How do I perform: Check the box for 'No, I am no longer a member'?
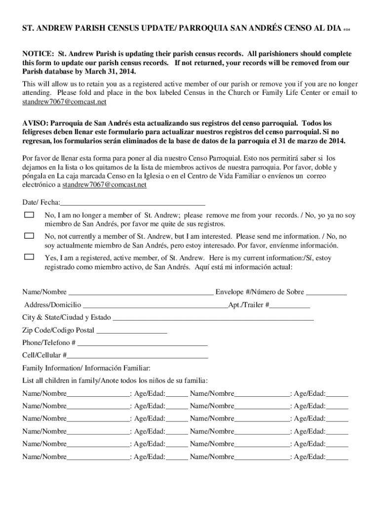pyautogui.click(x=30, y=215)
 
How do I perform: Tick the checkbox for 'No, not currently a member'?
pyautogui.click(x=30, y=236)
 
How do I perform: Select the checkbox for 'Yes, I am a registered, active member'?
pyautogui.click(x=30, y=256)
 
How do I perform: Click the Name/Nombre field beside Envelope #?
pyautogui.click(x=141, y=292)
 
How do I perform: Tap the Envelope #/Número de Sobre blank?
pyautogui.click(x=326, y=292)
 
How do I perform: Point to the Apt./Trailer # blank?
pyautogui.click(x=290, y=305)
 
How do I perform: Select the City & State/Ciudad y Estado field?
pyautogui.click(x=213, y=318)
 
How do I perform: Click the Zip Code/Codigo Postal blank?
pyautogui.click(x=131, y=330)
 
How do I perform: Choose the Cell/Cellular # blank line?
pyautogui.click(x=138, y=355)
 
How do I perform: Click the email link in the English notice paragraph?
pyautogui.click(x=64, y=102)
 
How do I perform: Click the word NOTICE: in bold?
pyautogui.click(x=38, y=53)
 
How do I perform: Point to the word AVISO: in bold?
pyautogui.click(x=35, y=123)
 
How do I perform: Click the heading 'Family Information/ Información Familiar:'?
pyautogui.click(x=86, y=368)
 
